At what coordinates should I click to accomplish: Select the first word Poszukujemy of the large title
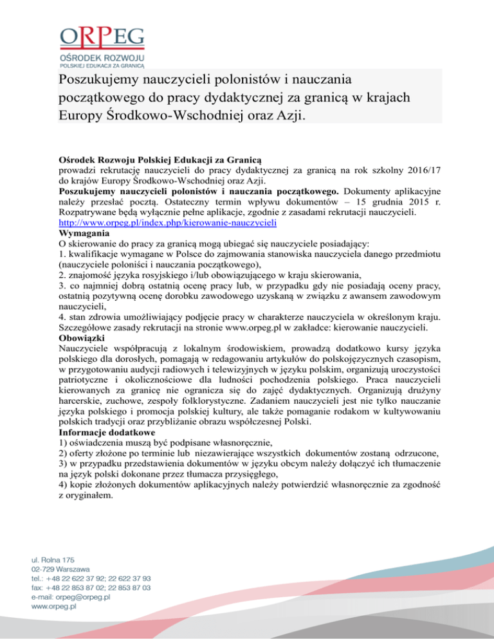(x=106, y=80)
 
